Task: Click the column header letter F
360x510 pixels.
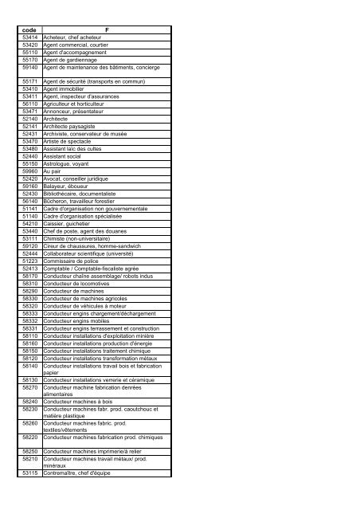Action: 107,29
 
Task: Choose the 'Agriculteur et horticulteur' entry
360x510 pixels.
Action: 80,103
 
